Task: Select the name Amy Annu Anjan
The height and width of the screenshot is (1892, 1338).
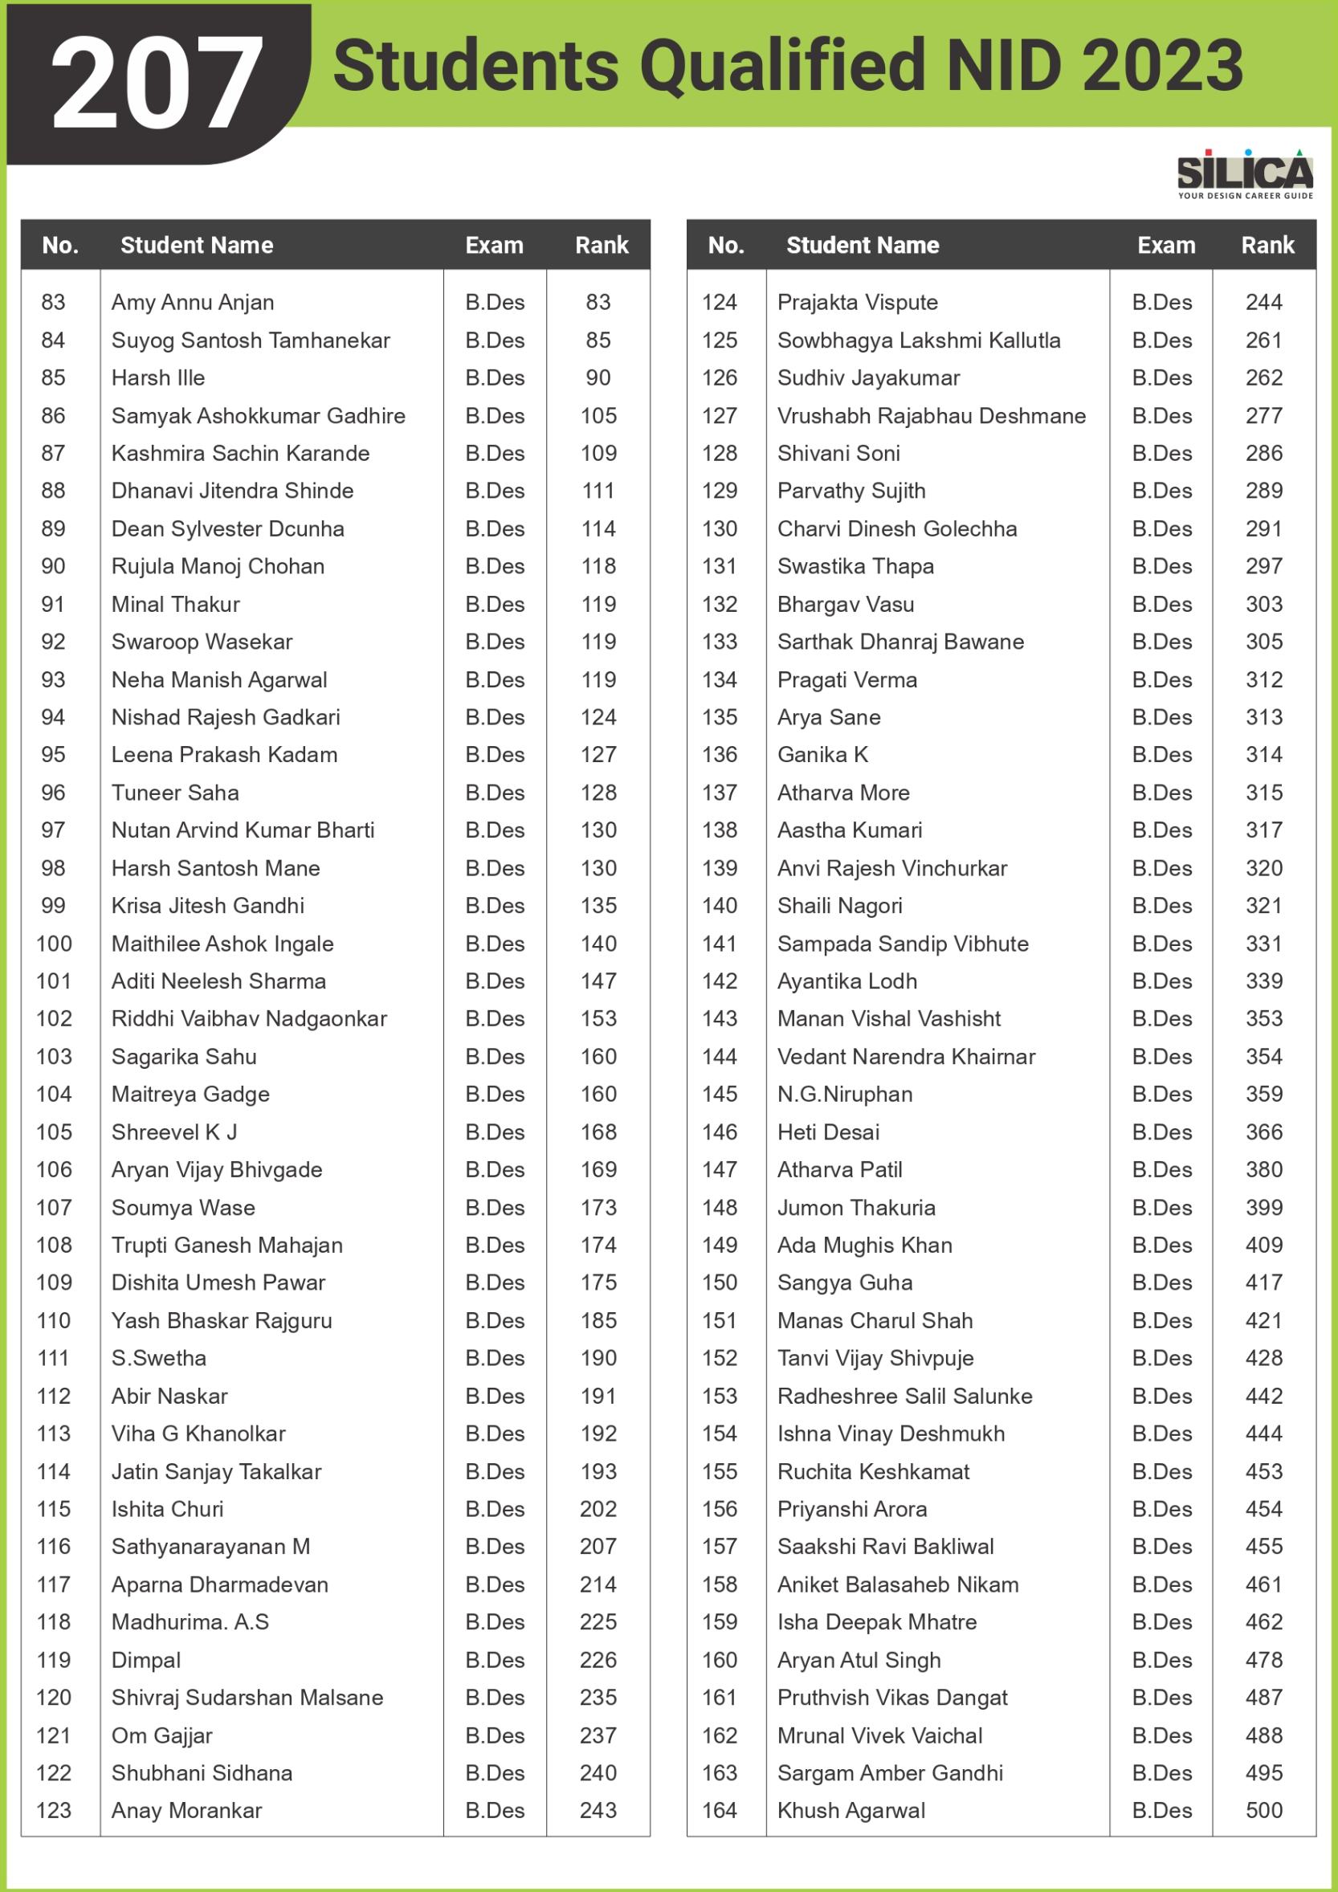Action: tap(192, 303)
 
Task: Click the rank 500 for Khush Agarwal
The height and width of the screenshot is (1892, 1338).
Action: tap(1264, 1810)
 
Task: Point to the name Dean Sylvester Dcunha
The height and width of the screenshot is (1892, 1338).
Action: tap(227, 529)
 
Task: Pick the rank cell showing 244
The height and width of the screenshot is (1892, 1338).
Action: tap(1264, 303)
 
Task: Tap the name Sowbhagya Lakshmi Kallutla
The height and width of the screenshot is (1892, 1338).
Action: tap(919, 340)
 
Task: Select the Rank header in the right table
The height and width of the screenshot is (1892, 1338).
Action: tap(1268, 246)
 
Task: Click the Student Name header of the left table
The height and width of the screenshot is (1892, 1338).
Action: tap(196, 246)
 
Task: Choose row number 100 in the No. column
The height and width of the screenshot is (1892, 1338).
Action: tap(55, 944)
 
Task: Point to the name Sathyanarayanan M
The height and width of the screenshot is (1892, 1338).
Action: tap(211, 1547)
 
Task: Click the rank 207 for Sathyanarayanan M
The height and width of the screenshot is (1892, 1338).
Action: tap(598, 1547)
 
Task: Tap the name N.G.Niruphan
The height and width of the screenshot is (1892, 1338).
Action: tap(845, 1095)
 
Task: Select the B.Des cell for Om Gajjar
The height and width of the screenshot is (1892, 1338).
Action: tap(495, 1735)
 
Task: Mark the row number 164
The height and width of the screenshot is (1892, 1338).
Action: tap(720, 1810)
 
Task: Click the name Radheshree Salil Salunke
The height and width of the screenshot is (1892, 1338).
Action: tap(904, 1396)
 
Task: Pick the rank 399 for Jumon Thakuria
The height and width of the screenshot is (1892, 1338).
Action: tap(1264, 1208)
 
